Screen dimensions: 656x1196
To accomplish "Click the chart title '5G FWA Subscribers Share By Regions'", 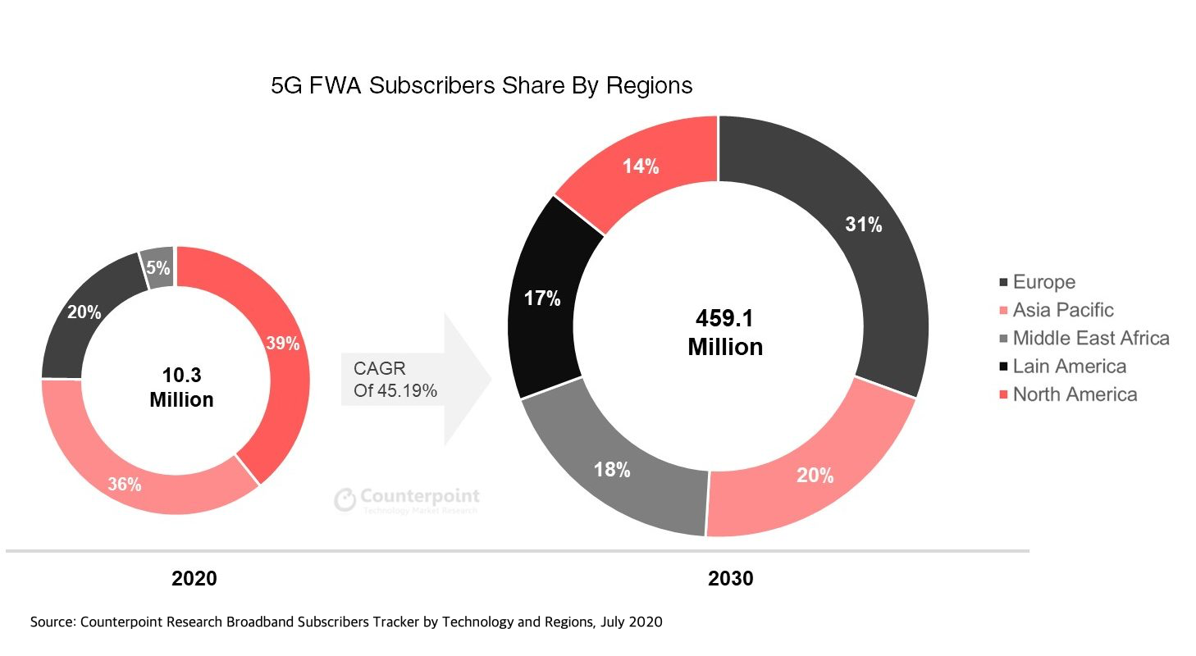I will pos(482,85).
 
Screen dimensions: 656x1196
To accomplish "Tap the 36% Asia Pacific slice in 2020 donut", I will pos(131,480).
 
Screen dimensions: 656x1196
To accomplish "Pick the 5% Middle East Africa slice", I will pos(159,267).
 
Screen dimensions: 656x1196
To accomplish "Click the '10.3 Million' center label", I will pos(181,388).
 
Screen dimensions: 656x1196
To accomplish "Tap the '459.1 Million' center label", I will pos(725,332).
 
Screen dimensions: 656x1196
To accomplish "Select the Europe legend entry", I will pos(1043,282).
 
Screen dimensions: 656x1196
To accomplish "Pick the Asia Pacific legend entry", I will pos(1062,310).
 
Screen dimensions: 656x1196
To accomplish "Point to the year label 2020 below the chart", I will pos(194,579).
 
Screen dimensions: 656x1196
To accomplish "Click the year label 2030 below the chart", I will pos(730,579).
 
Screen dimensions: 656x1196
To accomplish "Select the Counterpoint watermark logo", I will pos(407,499).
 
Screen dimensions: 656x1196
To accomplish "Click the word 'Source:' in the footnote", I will pos(52,622).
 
